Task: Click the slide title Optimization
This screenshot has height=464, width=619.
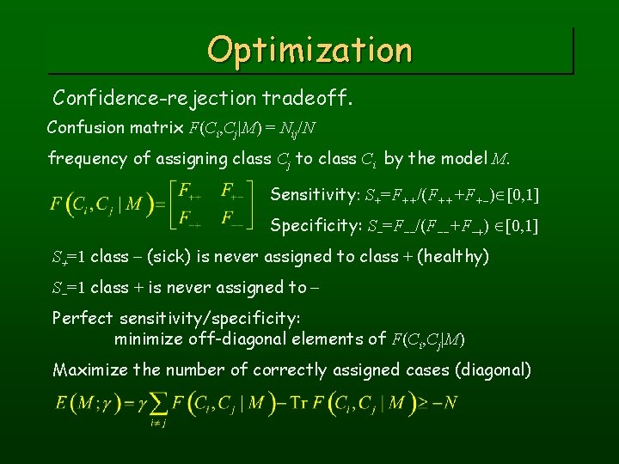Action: click(x=309, y=49)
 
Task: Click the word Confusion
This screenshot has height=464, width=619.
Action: click(x=85, y=127)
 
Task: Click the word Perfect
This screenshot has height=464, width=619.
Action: click(x=81, y=318)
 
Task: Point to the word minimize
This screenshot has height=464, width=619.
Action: click(x=147, y=339)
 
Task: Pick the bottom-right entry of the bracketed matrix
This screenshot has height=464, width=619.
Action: click(x=230, y=218)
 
